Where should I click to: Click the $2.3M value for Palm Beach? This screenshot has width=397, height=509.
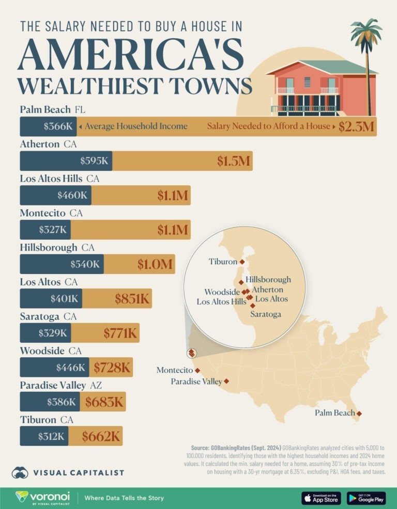(x=356, y=126)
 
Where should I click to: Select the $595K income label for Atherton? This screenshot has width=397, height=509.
(x=96, y=161)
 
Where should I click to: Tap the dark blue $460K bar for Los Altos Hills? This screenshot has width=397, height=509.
(x=55, y=195)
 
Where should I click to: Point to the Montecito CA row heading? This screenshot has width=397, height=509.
(x=51, y=213)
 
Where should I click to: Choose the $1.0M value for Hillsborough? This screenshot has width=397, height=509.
(x=154, y=264)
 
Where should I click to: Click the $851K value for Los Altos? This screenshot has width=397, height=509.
(x=131, y=298)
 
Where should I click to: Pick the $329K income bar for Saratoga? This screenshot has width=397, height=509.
(x=45, y=333)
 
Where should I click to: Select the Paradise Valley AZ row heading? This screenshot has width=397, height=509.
(x=61, y=385)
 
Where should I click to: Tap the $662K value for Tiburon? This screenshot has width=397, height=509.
(x=101, y=436)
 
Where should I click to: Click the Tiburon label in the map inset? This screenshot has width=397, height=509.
(x=223, y=262)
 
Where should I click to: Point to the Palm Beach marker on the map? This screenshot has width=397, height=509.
(x=359, y=413)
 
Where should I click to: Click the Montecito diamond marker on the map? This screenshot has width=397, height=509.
(x=197, y=370)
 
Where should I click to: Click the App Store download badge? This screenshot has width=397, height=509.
(x=321, y=498)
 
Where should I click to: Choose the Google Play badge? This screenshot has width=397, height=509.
(x=366, y=498)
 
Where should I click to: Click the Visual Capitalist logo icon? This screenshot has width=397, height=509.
(x=20, y=472)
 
